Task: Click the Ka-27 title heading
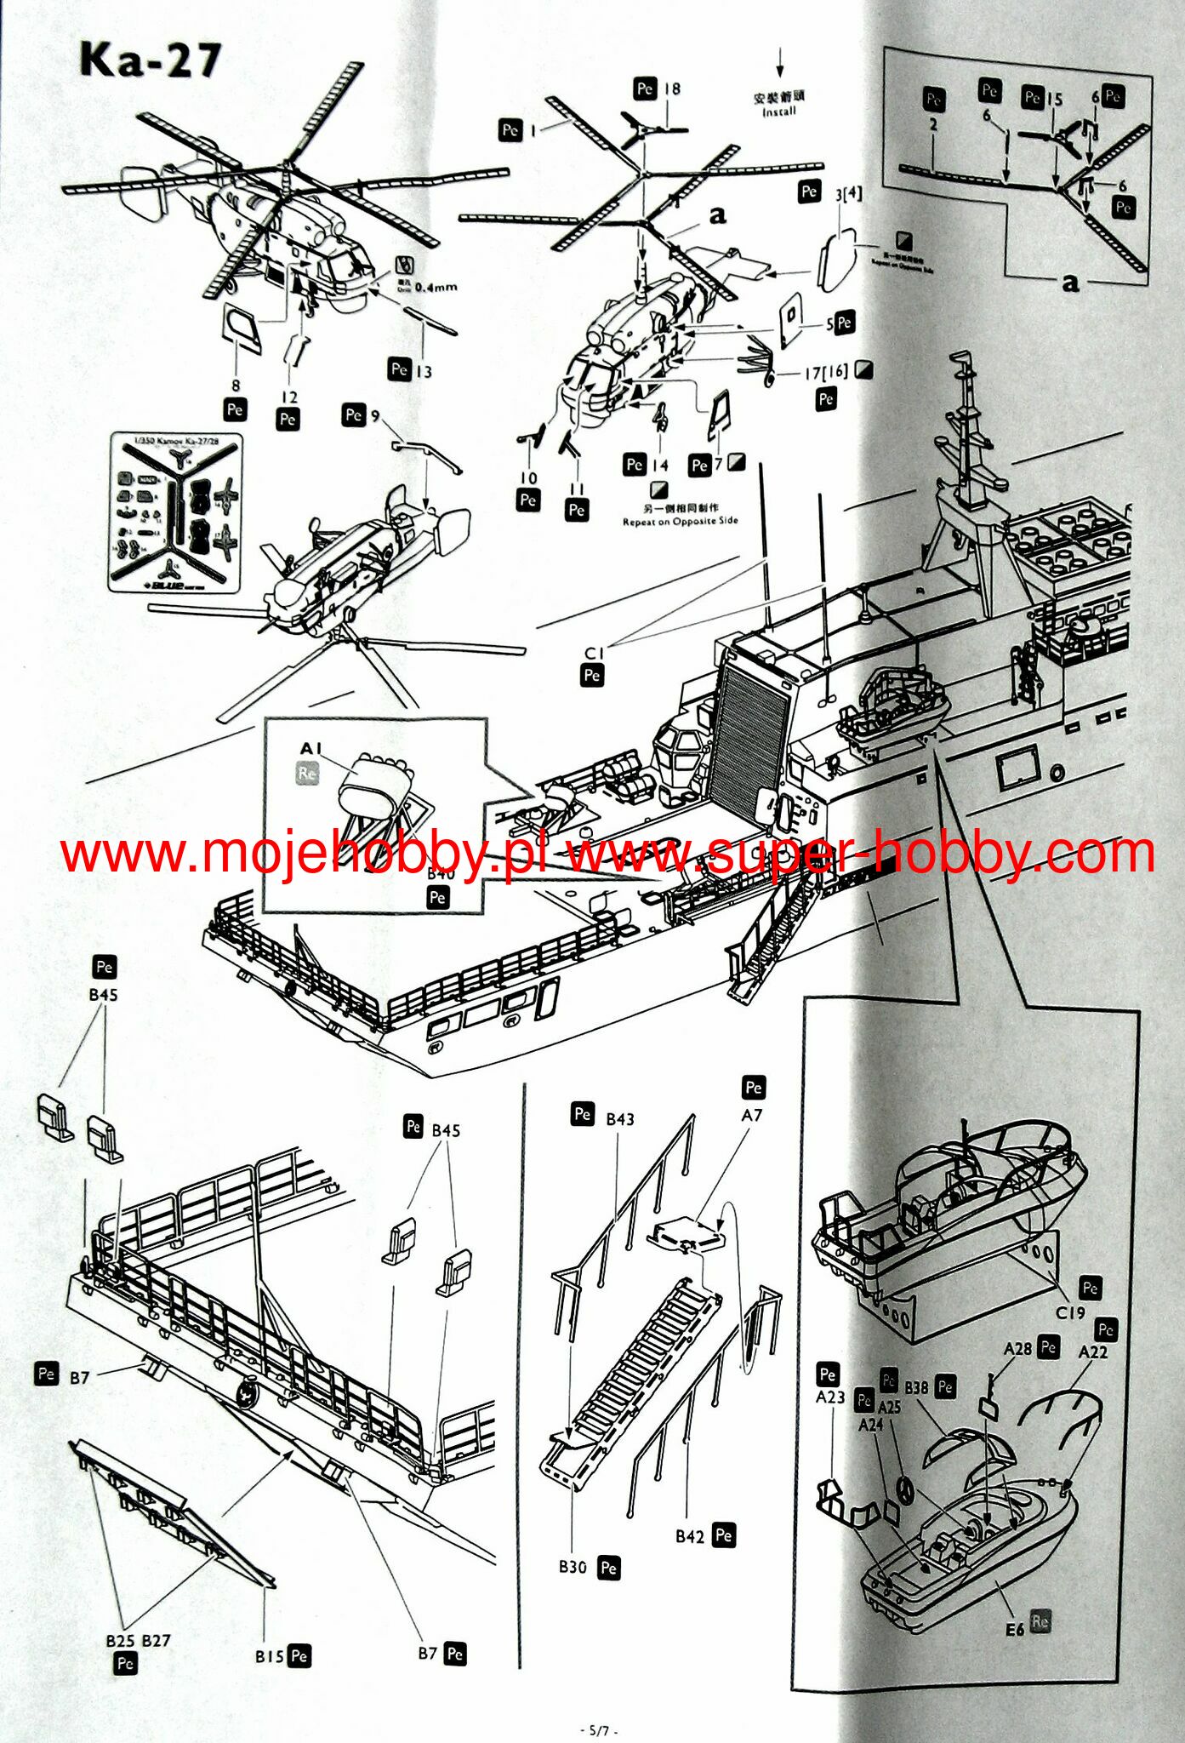click(151, 60)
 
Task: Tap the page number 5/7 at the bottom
click(598, 1730)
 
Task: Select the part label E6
click(1015, 1629)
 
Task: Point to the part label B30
click(573, 1567)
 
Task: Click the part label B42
click(690, 1535)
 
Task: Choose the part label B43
click(619, 1119)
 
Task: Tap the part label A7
click(752, 1115)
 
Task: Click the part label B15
click(269, 1656)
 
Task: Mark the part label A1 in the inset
click(311, 749)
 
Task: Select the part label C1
click(594, 654)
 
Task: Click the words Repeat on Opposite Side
click(680, 521)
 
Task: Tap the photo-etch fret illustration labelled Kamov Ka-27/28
click(176, 513)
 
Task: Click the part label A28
click(1017, 1349)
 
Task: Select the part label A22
click(1093, 1352)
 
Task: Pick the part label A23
click(829, 1397)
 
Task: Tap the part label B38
click(916, 1387)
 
